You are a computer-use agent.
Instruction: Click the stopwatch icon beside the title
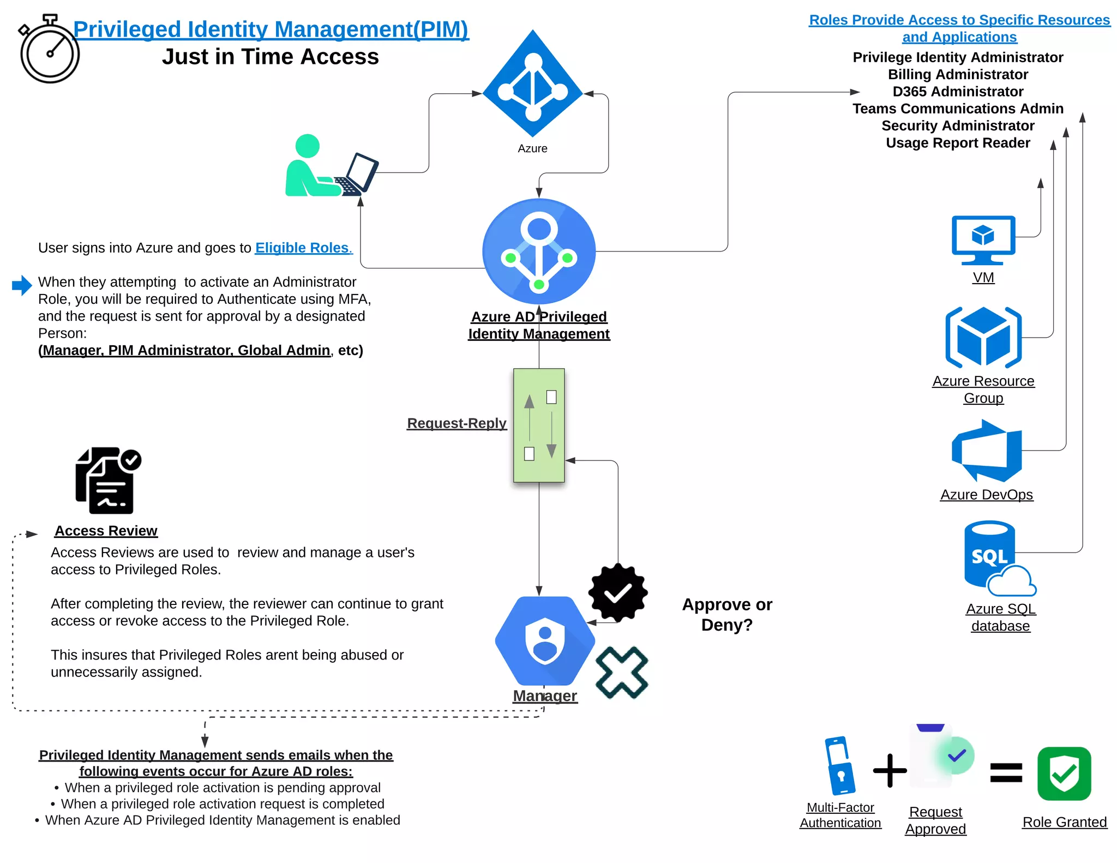(49, 50)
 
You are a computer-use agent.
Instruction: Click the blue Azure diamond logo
(533, 85)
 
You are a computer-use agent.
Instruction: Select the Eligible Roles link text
(303, 248)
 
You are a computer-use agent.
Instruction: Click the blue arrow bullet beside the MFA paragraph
(22, 285)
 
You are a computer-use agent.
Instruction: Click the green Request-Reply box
(539, 425)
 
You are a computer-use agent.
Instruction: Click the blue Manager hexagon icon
(544, 640)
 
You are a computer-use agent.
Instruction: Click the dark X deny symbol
(622, 673)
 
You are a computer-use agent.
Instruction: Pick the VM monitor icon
(983, 240)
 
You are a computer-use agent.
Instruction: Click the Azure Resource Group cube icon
(983, 337)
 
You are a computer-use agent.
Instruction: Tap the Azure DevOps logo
(986, 451)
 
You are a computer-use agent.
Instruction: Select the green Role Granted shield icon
(1064, 774)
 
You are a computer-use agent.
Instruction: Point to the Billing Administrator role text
(958, 74)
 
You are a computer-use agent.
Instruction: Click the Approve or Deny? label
(727, 614)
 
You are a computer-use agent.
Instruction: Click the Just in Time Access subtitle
(270, 57)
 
